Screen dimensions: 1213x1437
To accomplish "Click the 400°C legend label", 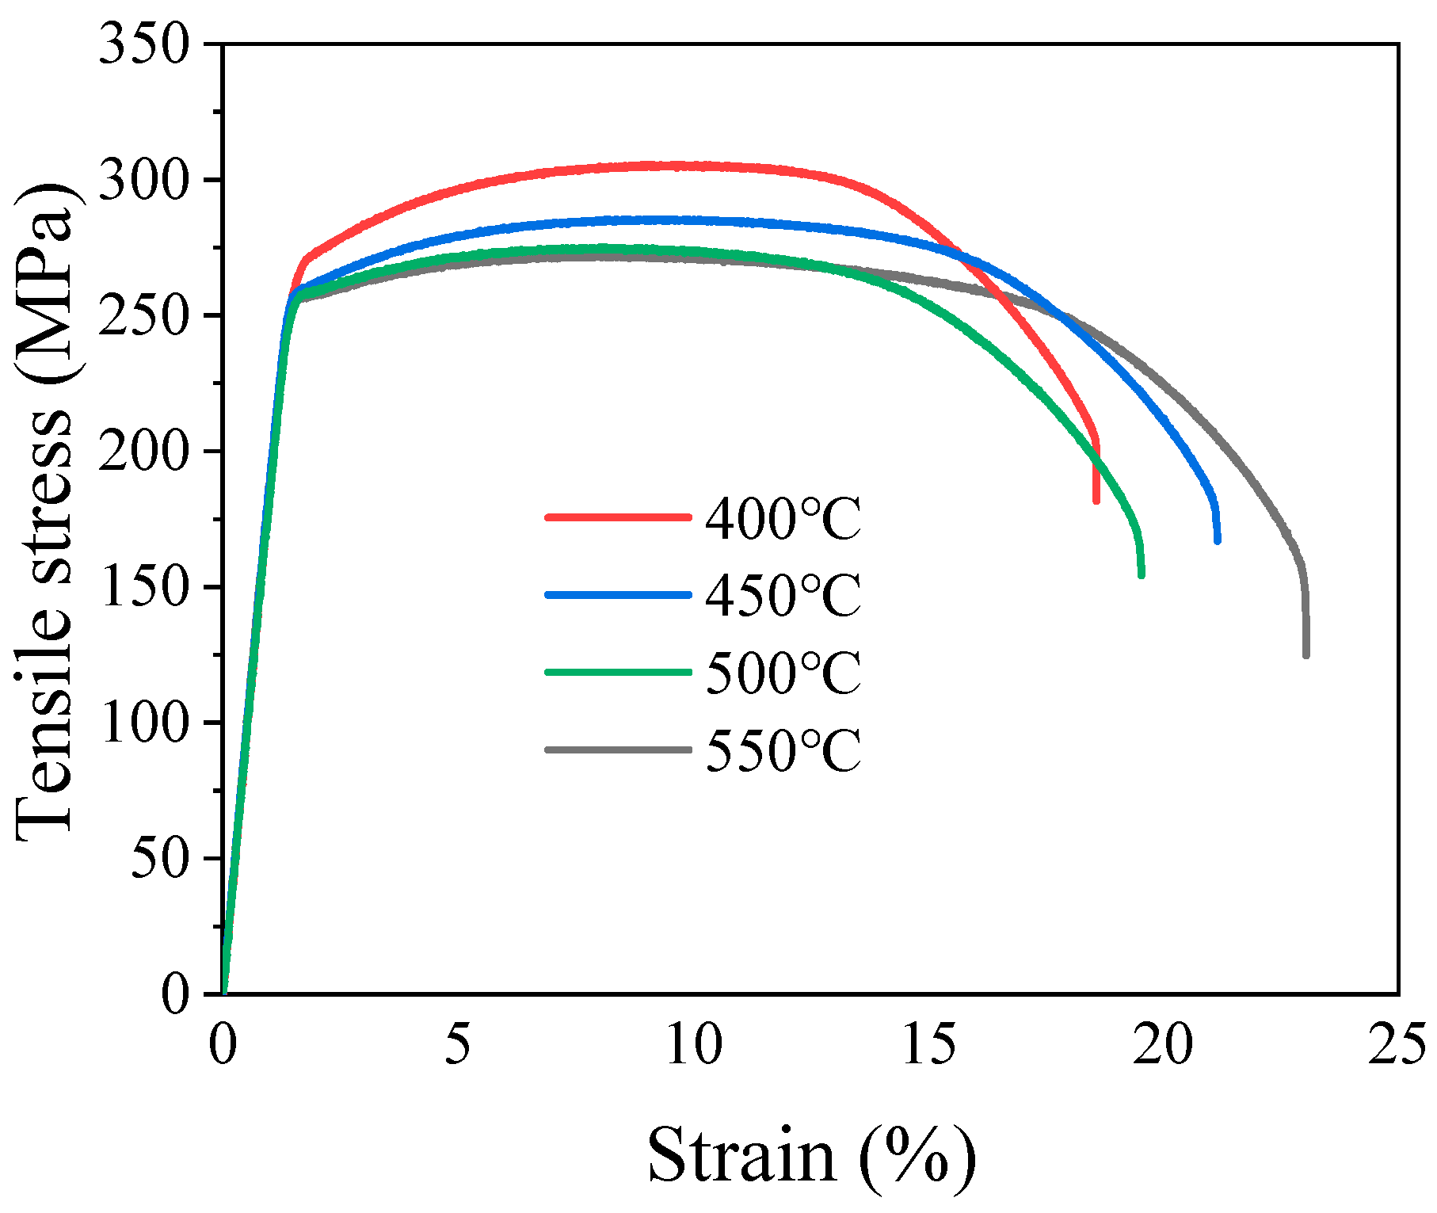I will [783, 519].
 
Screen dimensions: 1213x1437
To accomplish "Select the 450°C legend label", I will [783, 596].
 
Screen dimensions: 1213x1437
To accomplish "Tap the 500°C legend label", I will [783, 673].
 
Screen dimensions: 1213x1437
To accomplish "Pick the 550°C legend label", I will [783, 750].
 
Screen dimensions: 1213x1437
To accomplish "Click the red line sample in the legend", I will [618, 517].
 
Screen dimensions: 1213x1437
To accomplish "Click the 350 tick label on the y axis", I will [144, 45].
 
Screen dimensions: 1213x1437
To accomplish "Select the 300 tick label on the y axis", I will [144, 181].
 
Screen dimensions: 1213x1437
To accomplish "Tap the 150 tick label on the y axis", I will [144, 588].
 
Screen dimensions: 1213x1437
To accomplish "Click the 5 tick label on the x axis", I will [457, 1044].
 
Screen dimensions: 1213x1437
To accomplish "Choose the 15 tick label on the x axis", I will [928, 1044].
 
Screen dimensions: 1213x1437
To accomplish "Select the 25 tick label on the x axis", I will [1398, 1044].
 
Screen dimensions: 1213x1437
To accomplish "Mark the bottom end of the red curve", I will [1096, 500].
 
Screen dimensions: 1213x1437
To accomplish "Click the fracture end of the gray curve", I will [1305, 654].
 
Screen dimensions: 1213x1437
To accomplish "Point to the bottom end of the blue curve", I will [1218, 540].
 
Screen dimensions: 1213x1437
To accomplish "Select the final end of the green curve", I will [1142, 575].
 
